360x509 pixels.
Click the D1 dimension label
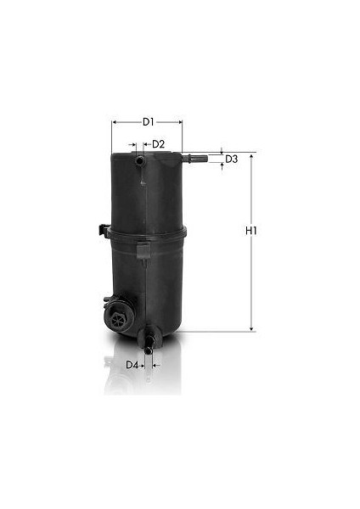coord(148,122)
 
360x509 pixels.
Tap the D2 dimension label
coord(159,144)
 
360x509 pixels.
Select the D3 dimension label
coord(231,159)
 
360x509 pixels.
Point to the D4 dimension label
coord(132,365)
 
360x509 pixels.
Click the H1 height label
coord(251,231)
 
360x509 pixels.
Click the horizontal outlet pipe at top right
coord(195,159)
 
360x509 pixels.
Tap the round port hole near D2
coord(140,160)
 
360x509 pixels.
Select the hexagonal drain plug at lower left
coord(116,320)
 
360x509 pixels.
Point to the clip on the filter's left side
coord(104,230)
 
